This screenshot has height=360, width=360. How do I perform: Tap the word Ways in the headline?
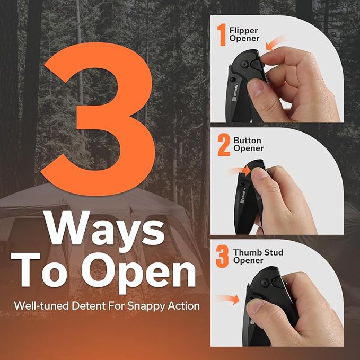105,230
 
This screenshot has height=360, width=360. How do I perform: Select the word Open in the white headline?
139,273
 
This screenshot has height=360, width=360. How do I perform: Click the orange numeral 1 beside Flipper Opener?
222,34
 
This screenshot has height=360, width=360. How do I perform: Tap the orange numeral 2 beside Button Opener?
224,145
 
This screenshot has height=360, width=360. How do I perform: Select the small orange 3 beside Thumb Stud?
222,256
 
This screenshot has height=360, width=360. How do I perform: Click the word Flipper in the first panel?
243,31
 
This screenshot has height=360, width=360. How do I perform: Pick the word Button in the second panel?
247,141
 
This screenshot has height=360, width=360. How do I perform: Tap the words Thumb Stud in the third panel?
258,252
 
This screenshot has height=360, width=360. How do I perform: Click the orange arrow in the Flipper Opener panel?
275,43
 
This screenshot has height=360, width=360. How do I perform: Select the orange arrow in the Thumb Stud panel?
228,299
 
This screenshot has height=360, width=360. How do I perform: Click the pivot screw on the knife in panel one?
245,64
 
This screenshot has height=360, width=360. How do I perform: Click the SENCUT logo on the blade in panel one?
235,92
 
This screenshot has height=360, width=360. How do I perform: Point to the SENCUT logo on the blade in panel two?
242,196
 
